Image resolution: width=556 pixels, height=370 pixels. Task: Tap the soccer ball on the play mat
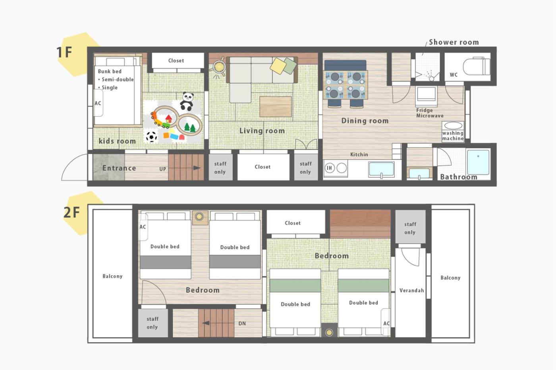tap(151, 136)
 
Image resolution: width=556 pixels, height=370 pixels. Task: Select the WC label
tap(454, 75)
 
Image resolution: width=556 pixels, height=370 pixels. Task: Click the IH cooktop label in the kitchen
tap(329, 168)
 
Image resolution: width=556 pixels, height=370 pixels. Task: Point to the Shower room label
tap(454, 42)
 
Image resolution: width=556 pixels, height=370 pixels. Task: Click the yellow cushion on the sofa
tap(278, 65)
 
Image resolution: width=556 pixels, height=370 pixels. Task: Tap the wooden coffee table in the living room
tap(276, 107)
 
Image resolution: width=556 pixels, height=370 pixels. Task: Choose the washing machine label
tap(453, 136)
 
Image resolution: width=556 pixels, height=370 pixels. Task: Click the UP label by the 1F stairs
tap(162, 169)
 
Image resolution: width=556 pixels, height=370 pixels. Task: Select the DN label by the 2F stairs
tap(242, 324)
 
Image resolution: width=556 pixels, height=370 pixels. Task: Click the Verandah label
tap(411, 290)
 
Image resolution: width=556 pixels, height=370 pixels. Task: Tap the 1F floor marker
tap(64, 52)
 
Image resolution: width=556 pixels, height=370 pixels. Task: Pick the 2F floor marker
tap(71, 213)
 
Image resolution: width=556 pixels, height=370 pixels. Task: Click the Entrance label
tap(119, 168)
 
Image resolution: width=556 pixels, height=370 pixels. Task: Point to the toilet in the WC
tap(477, 66)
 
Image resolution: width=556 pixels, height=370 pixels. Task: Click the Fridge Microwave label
tap(430, 113)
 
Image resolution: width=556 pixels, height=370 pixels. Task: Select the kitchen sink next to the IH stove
tap(381, 169)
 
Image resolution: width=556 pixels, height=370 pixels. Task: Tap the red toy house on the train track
tap(168, 119)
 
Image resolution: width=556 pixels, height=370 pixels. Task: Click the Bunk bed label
tap(110, 71)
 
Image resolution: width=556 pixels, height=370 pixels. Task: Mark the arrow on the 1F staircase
tap(197, 168)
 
